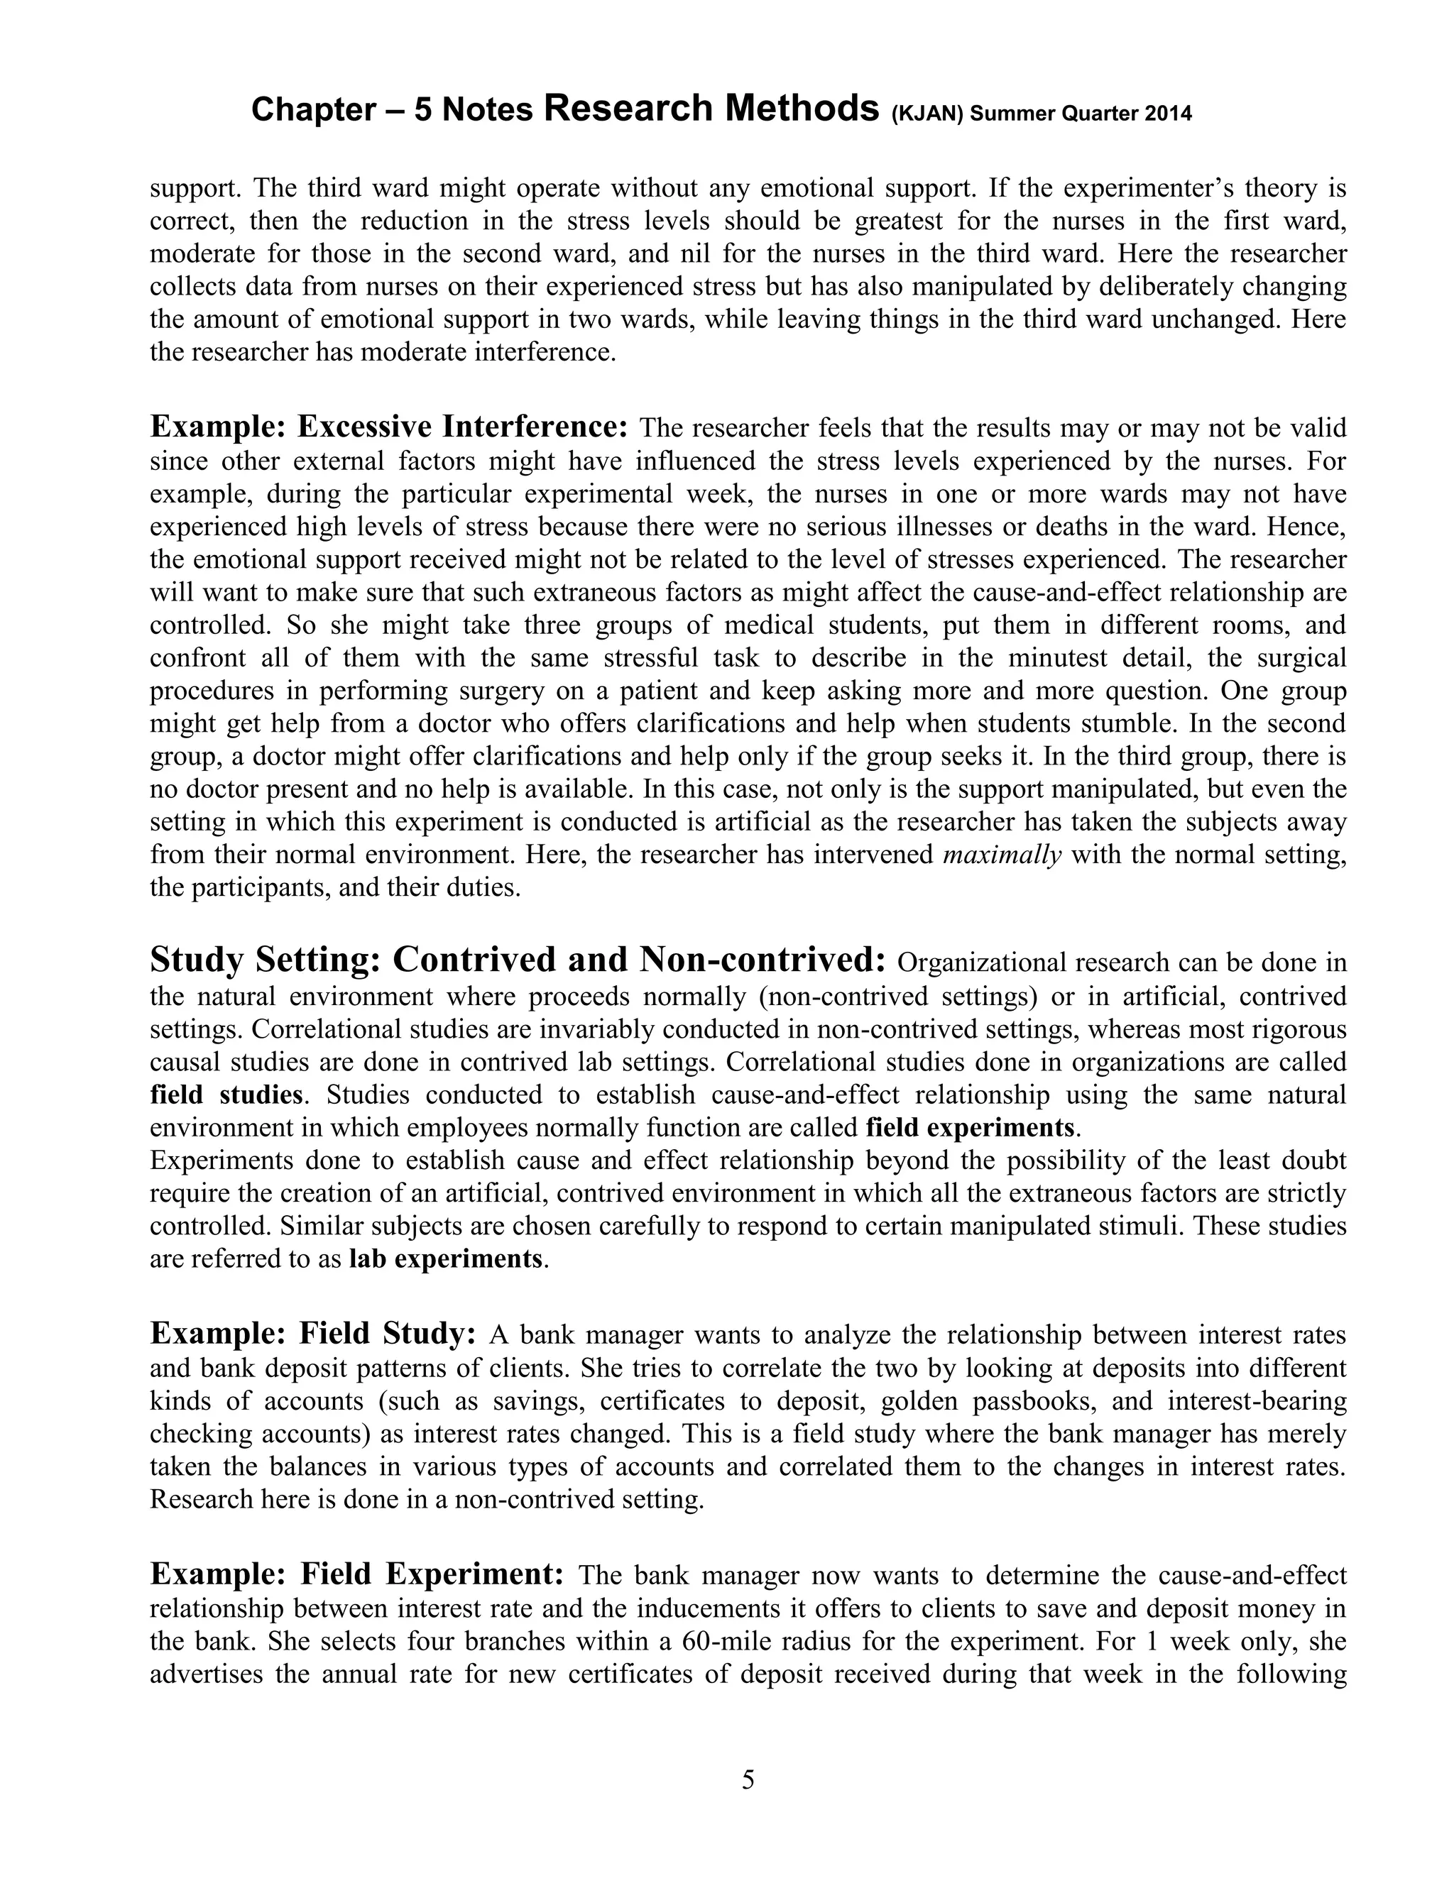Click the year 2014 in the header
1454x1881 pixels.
[1168, 114]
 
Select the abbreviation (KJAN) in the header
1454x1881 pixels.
[926, 114]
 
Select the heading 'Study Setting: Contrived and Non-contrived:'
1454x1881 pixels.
[518, 960]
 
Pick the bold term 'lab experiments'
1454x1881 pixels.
[446, 1259]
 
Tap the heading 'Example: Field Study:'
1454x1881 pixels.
[314, 1334]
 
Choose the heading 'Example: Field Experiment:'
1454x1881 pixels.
[356, 1574]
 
